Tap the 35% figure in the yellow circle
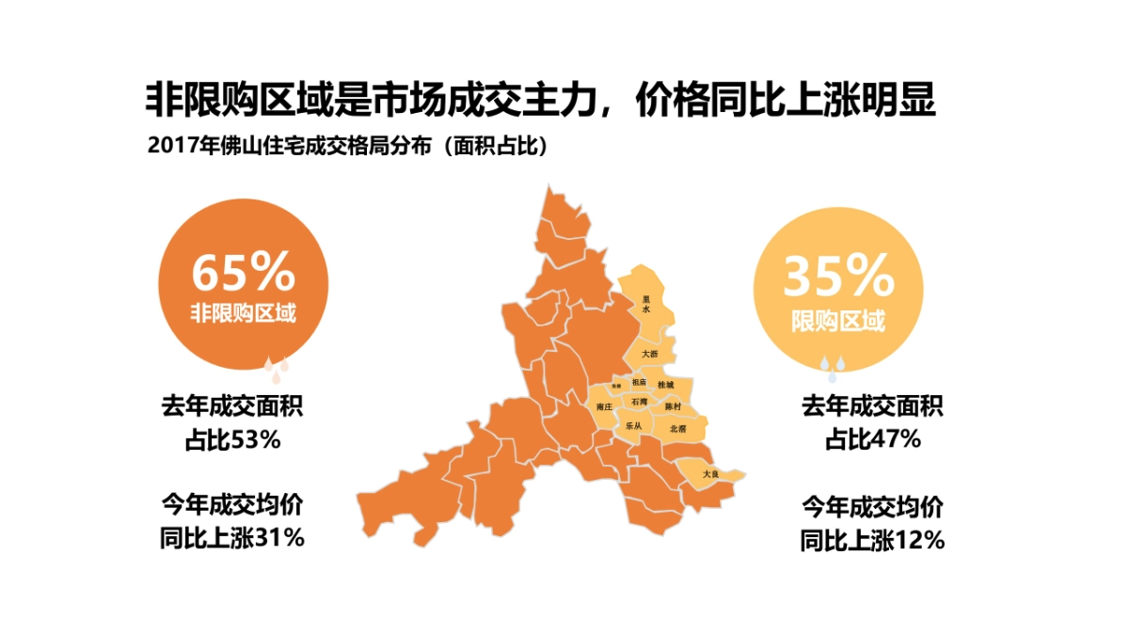tap(837, 276)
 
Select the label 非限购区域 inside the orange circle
tap(244, 313)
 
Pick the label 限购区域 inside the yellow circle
tap(837, 322)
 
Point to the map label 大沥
tap(650, 354)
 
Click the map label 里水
tap(646, 303)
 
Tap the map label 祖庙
tap(640, 382)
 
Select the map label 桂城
tap(665, 386)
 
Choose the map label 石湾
tap(640, 402)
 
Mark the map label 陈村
tap(672, 406)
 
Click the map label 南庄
tap(605, 406)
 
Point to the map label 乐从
tap(633, 426)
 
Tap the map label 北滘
tap(677, 428)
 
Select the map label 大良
tap(710, 474)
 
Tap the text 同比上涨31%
tap(232, 539)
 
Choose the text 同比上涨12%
tap(872, 541)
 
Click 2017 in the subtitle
tap(167, 148)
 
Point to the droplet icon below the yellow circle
tap(828, 364)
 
